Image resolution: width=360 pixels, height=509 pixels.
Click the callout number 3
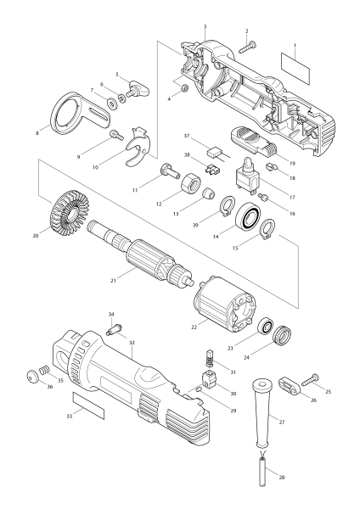pos(205,28)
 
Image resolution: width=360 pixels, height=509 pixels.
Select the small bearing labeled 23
pos(267,327)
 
